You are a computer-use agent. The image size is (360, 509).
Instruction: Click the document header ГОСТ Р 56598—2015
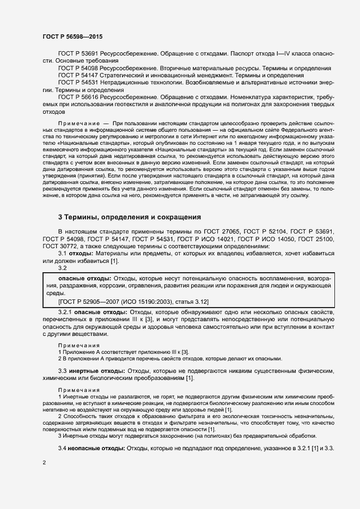(x=72, y=36)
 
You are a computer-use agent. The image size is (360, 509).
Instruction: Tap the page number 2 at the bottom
(x=44, y=463)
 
